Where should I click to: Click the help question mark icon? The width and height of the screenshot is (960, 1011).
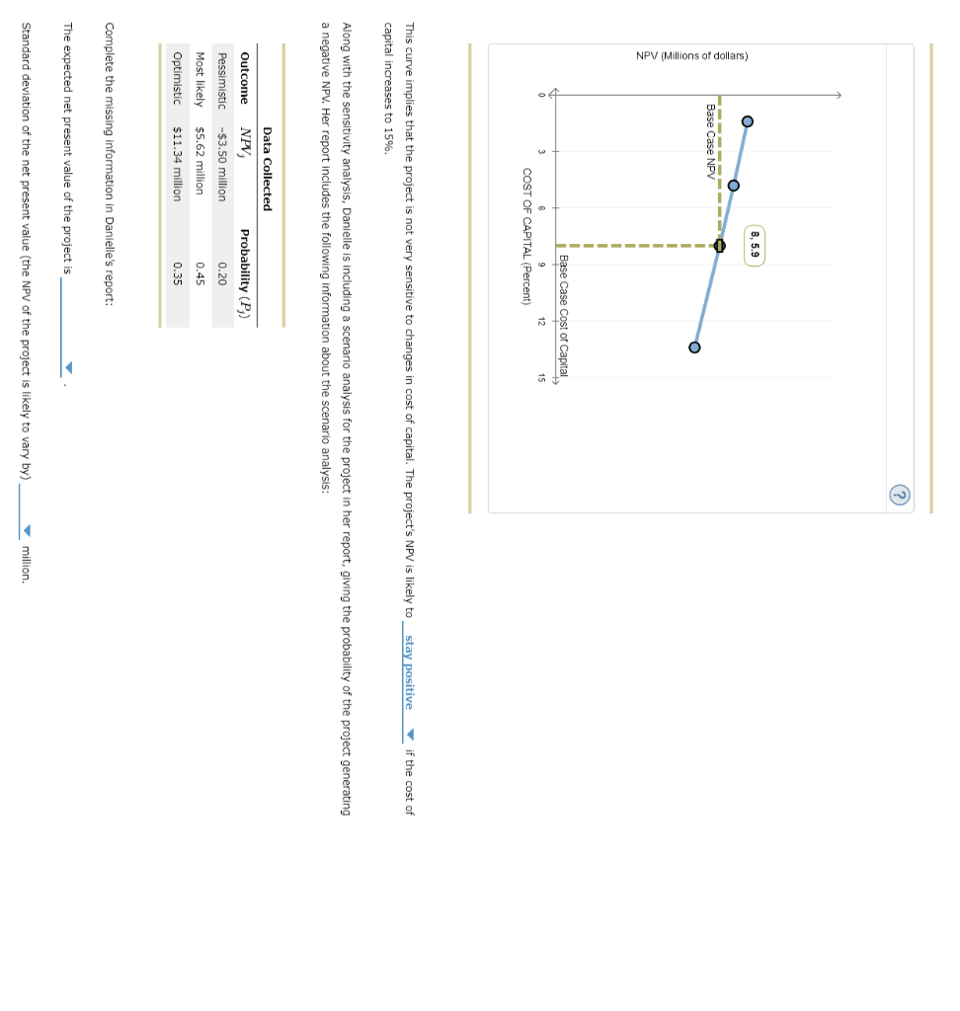point(900,495)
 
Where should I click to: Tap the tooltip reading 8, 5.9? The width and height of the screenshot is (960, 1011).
point(756,245)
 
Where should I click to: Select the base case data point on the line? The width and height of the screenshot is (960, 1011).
point(719,246)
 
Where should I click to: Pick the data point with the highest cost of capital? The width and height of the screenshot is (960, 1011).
point(694,348)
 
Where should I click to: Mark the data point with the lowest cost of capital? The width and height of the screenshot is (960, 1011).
point(747,121)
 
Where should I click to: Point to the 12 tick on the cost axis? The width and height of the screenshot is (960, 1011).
point(540,321)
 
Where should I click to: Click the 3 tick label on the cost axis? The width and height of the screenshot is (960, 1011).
point(540,151)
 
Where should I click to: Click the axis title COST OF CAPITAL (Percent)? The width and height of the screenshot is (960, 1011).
point(526,236)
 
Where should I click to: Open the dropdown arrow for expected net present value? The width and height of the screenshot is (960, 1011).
point(67,367)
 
